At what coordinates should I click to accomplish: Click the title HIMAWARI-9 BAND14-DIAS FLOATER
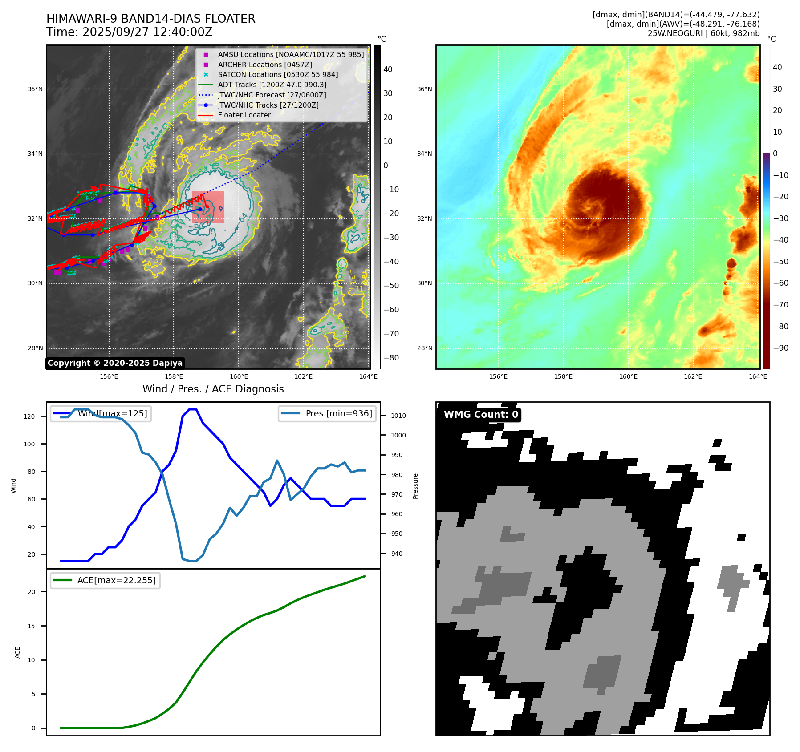(150, 19)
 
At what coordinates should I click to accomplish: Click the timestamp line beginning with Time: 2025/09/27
(129, 32)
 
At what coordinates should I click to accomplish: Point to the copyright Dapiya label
(115, 363)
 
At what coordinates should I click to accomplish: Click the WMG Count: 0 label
(481, 415)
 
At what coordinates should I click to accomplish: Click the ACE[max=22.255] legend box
(106, 580)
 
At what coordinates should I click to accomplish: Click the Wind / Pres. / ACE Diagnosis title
(213, 389)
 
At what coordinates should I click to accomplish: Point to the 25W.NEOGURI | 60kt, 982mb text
(703, 33)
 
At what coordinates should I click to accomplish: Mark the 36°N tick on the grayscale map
(35, 89)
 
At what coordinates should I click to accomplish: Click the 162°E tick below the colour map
(693, 376)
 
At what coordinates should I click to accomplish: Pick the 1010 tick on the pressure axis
(398, 416)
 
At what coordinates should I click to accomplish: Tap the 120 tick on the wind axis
(29, 416)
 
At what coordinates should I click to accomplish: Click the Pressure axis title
(415, 486)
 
